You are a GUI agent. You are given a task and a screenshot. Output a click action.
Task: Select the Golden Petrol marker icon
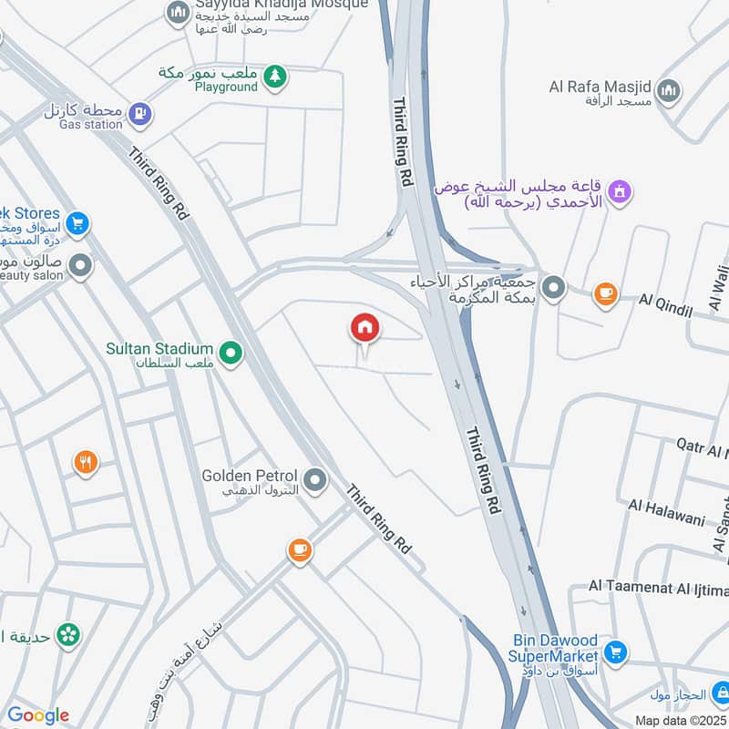click(x=315, y=479)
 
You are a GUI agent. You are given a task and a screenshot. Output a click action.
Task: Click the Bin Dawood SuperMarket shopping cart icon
click(x=617, y=652)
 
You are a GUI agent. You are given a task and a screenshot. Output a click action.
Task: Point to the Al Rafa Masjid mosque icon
click(x=669, y=91)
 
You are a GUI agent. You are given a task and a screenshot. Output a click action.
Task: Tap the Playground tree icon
click(x=274, y=77)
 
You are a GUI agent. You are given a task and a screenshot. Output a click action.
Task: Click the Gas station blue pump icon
click(x=139, y=114)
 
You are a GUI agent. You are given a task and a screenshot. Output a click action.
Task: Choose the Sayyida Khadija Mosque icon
click(x=178, y=13)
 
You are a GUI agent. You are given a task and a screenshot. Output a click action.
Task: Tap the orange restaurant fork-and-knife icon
click(x=86, y=463)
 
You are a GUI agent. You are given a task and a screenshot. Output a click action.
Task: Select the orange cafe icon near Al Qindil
click(x=605, y=293)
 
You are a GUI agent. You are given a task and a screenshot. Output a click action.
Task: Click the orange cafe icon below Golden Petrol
click(x=299, y=550)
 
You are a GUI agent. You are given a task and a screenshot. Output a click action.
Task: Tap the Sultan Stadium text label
click(x=159, y=349)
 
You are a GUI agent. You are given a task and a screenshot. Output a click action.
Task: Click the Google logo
click(x=38, y=715)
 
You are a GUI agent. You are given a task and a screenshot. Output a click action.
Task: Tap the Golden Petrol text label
click(x=250, y=476)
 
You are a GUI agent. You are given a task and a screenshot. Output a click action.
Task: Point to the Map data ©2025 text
click(x=679, y=720)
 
